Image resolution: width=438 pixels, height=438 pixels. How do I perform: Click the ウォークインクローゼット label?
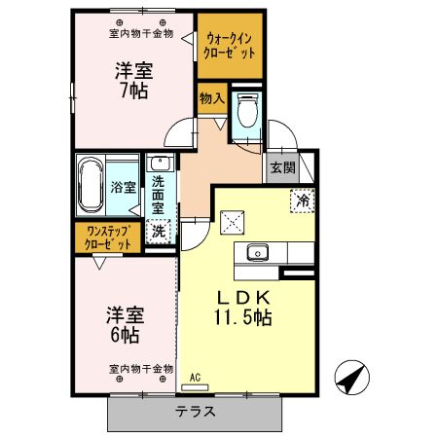pos(231,46)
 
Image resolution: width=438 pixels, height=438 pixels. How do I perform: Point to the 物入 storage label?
pos(211,97)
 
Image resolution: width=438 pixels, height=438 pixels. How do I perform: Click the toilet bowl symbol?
pos(246,115)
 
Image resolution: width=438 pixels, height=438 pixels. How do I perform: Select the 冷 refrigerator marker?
pos(303,201)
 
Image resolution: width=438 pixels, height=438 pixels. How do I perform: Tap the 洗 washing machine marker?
pos(159,232)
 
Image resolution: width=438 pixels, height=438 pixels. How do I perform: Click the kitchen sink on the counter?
pos(259,252)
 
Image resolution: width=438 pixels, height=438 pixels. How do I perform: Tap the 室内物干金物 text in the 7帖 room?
pos(140,33)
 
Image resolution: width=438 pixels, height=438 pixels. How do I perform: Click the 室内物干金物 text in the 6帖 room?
pos(140,369)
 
